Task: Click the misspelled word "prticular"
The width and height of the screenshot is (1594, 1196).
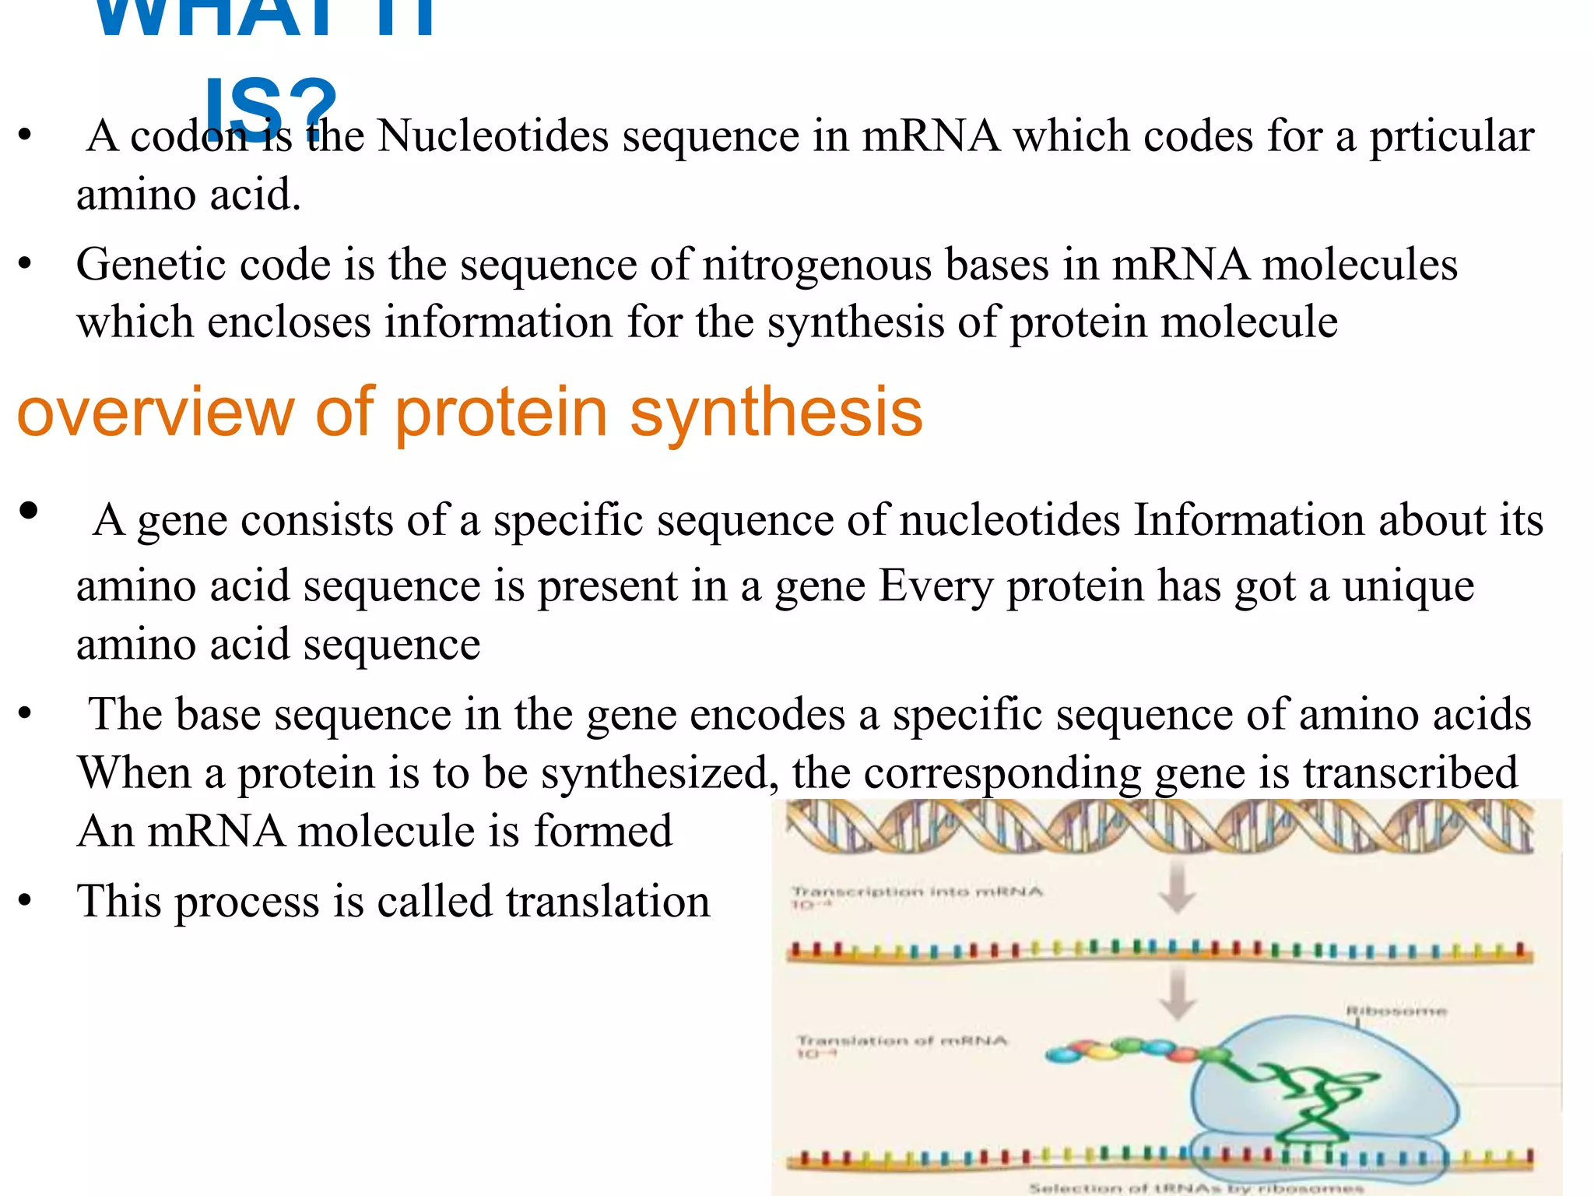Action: (x=1452, y=138)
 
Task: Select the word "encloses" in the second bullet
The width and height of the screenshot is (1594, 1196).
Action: (x=289, y=322)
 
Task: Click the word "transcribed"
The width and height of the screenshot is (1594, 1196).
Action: (x=1410, y=772)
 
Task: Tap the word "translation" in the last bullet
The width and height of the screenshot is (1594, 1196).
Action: (x=608, y=902)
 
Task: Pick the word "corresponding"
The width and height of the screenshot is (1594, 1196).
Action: (x=1002, y=772)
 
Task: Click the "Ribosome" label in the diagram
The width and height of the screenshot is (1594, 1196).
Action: (x=1396, y=1011)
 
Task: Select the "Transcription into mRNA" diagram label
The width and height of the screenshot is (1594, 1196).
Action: (x=917, y=892)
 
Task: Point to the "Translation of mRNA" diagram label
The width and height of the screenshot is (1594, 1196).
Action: (x=902, y=1040)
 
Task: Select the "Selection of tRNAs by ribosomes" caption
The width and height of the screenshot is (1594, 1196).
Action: (x=1195, y=1188)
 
